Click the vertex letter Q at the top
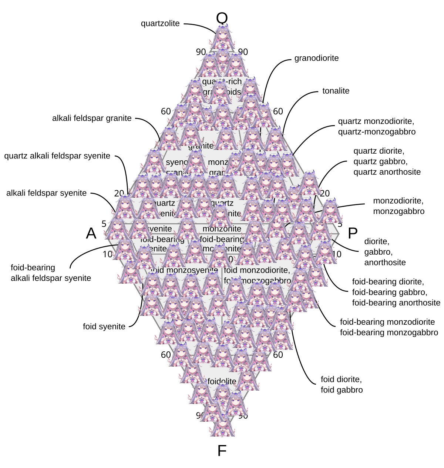point(222,18)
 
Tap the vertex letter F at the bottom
point(222,451)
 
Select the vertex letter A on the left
point(91,234)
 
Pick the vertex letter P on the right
point(353,234)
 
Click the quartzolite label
point(160,24)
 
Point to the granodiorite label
point(316,58)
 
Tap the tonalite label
point(336,91)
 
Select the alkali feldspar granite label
point(92,118)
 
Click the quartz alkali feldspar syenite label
point(57,156)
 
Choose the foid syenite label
point(104,327)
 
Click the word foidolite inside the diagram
point(222,381)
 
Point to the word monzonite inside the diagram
point(222,229)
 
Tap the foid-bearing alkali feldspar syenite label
point(51,273)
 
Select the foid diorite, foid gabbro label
point(342,385)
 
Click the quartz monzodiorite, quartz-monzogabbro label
point(377,127)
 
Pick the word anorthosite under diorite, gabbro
point(385,263)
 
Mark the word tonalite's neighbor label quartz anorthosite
point(387,172)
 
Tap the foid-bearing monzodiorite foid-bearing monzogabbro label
point(388,327)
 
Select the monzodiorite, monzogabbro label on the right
point(398,206)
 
